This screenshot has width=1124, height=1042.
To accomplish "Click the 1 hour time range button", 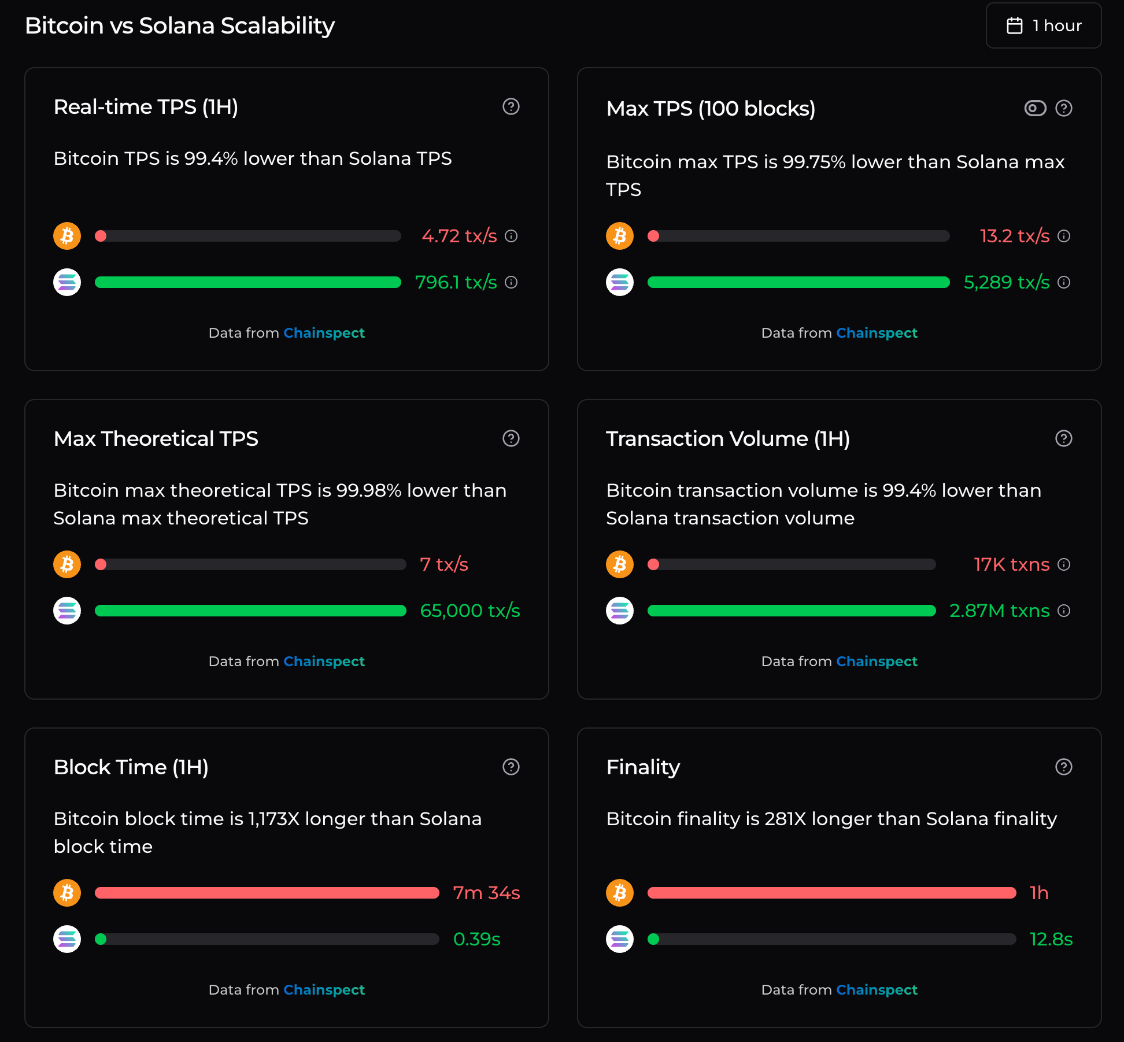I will (x=1044, y=26).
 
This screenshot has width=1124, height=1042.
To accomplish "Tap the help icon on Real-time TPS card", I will (x=511, y=106).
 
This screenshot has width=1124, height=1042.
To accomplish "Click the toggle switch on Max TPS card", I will (x=1035, y=108).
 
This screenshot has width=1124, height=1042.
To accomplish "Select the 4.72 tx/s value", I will (x=459, y=236).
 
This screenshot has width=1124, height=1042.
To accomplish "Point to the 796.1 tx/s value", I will (x=456, y=282).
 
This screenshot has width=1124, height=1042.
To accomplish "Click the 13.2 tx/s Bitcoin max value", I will (x=1014, y=236).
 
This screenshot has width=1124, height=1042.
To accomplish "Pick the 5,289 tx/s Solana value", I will (x=1006, y=282).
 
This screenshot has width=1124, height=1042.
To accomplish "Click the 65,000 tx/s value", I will (x=469, y=611).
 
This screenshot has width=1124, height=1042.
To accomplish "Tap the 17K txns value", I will (x=1011, y=564).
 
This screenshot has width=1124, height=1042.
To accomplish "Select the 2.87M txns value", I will (x=999, y=611).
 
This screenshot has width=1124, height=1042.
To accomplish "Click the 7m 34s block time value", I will (x=486, y=893).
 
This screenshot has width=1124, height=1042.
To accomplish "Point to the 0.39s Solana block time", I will (x=476, y=939).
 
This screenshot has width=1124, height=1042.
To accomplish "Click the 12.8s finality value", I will (x=1051, y=939).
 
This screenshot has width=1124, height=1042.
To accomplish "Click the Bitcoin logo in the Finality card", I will (x=620, y=893).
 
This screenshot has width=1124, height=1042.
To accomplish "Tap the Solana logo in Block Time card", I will (x=67, y=939).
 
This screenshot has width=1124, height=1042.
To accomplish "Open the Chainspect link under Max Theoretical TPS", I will (x=324, y=662).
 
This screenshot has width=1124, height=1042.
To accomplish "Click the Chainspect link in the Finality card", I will (x=877, y=990).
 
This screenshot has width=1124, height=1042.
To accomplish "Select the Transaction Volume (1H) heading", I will (x=727, y=439).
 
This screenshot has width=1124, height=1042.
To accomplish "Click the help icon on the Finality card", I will (x=1064, y=767).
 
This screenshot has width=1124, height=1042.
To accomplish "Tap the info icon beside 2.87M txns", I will (x=1064, y=611).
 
